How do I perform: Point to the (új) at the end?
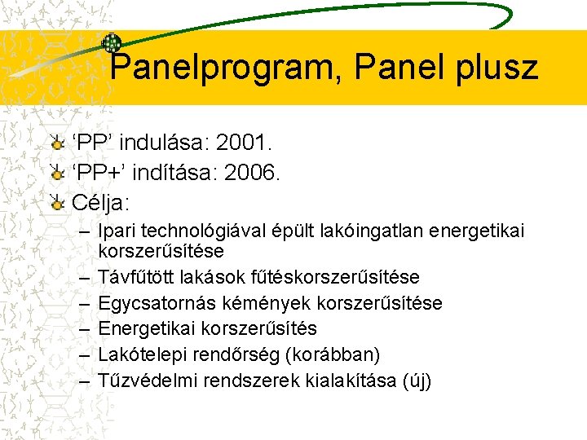pyautogui.click(x=416, y=380)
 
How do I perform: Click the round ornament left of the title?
pyautogui.click(x=111, y=44)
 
